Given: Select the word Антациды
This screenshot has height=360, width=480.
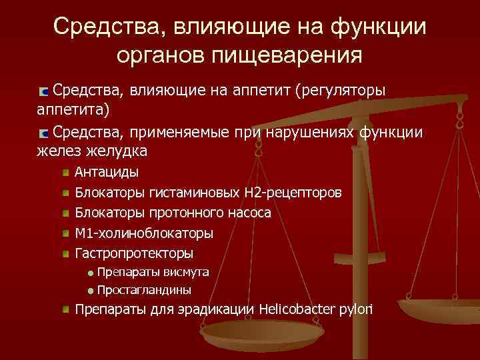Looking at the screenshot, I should point(107,173).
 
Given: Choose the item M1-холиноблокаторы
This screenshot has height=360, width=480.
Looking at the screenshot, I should point(144,233).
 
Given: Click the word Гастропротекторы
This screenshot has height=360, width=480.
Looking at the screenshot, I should point(134,253).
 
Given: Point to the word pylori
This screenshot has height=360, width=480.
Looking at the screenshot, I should point(356,309).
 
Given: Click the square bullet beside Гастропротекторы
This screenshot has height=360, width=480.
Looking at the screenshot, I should point(66,254).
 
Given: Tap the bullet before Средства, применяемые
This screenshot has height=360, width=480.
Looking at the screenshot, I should point(43,131).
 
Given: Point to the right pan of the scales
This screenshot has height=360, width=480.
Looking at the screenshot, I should point(441,308).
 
